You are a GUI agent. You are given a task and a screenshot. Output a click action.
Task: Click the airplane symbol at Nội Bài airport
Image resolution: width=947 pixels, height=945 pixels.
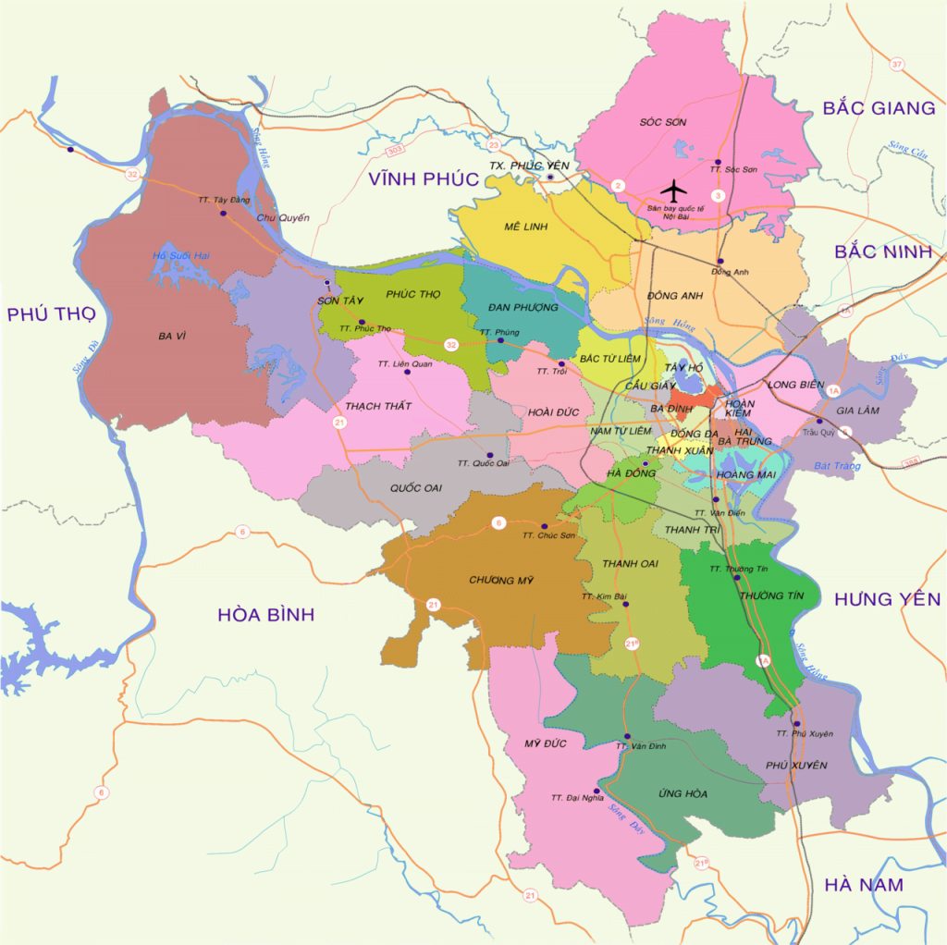tap(675, 191)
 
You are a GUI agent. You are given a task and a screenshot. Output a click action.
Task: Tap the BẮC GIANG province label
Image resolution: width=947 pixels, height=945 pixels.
tap(879, 108)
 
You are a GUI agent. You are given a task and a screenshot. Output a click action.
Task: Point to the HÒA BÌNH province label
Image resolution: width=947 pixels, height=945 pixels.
tap(266, 614)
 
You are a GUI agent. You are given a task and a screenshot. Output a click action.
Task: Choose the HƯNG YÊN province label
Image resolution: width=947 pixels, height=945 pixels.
tap(887, 599)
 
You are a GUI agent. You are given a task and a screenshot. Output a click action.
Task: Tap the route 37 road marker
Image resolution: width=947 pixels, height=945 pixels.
tap(896, 64)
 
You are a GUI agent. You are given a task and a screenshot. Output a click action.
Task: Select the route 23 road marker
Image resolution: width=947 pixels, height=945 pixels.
tap(494, 145)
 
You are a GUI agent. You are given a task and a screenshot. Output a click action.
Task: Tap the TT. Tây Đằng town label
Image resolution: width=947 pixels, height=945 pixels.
tap(224, 200)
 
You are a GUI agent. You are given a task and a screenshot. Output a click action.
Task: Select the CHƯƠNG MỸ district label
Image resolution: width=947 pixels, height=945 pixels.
tap(502, 580)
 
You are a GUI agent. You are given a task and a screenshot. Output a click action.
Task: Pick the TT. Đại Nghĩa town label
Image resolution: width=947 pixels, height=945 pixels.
tap(577, 797)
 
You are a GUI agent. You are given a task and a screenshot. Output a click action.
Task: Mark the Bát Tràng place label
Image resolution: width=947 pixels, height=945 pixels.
tap(837, 466)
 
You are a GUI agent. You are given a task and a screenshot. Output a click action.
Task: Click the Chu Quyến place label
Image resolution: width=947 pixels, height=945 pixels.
tap(282, 218)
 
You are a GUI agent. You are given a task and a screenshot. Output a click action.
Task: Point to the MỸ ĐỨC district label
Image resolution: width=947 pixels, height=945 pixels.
tap(543, 743)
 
